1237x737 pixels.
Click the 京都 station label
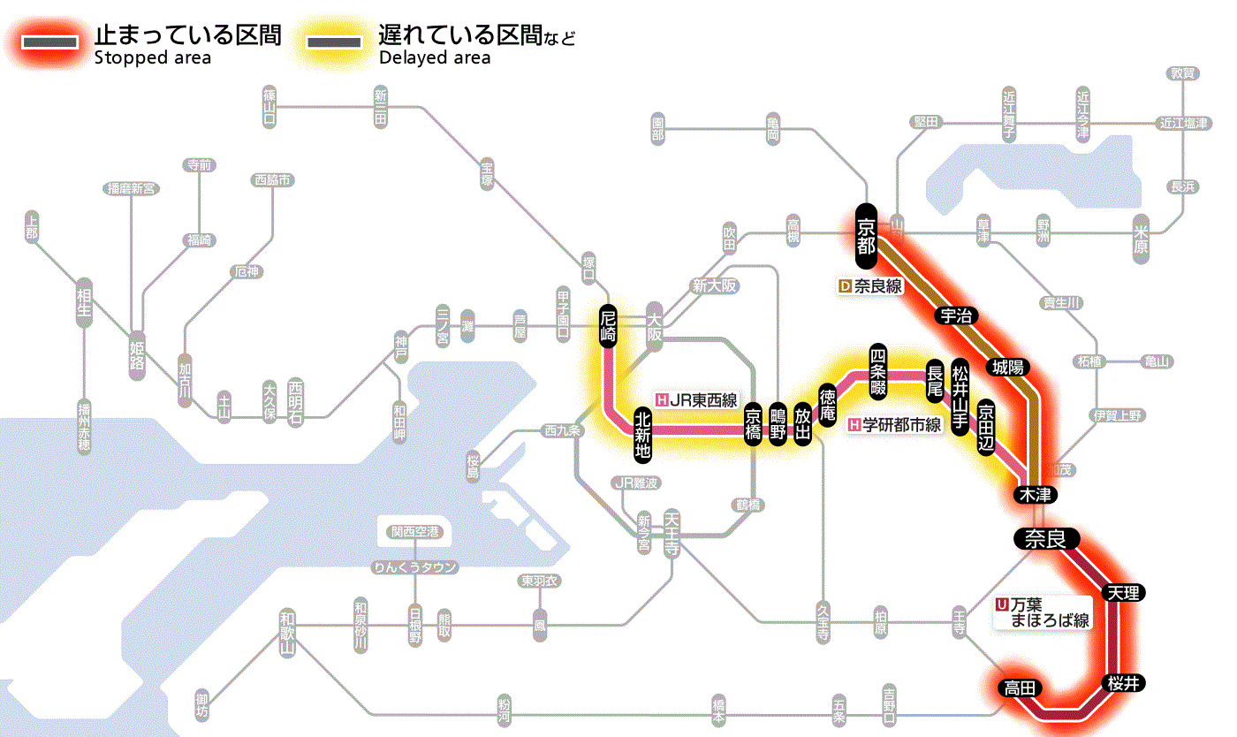pos(866,236)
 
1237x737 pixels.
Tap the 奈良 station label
pos(1045,538)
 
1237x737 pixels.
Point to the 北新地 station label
pos(642,434)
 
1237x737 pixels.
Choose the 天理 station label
pos(1123,593)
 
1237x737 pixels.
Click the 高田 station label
pos(1022,688)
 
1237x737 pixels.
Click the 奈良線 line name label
pos(869,286)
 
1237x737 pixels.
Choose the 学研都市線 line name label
pos(896,424)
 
